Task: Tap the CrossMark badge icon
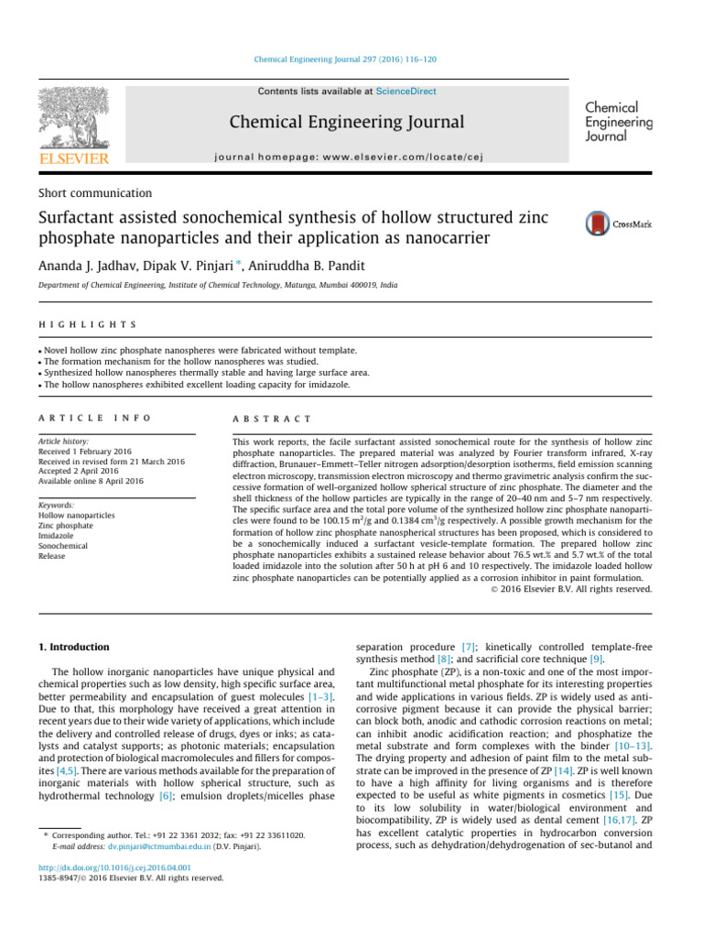pyautogui.click(x=598, y=224)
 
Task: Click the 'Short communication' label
pyautogui.click(x=95, y=193)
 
